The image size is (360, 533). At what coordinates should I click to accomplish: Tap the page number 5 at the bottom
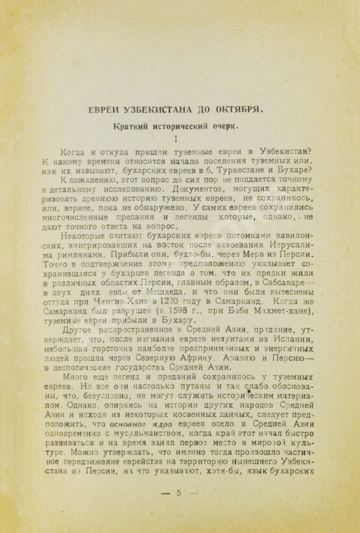pos(178,492)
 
